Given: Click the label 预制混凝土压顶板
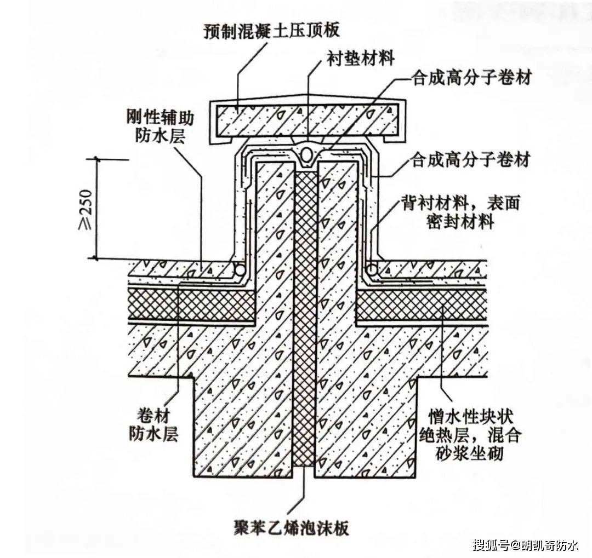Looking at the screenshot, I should pos(272,30).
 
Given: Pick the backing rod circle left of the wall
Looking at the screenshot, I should pos(239,269).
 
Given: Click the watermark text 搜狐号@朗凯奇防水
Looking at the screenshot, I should pos(526,546).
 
